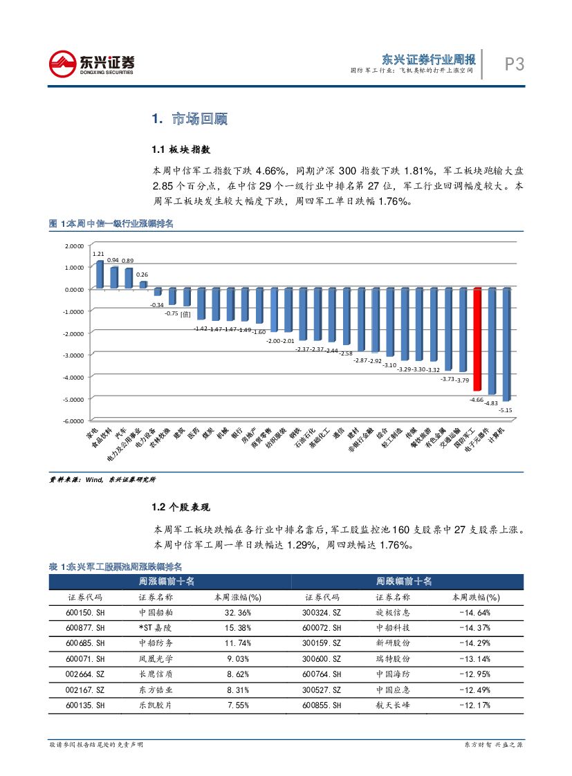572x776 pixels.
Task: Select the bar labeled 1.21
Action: pos(99,274)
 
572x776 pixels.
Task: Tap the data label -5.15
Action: pos(506,410)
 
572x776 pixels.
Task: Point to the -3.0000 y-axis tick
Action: pos(72,355)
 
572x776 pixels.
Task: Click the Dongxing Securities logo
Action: pos(91,64)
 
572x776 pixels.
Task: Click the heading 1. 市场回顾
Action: pos(190,119)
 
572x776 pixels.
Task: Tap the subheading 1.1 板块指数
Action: pos(181,149)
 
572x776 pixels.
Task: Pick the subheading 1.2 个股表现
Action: pos(181,508)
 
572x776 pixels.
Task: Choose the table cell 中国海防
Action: pos(393,674)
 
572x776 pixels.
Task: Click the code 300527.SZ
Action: pos(322,690)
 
